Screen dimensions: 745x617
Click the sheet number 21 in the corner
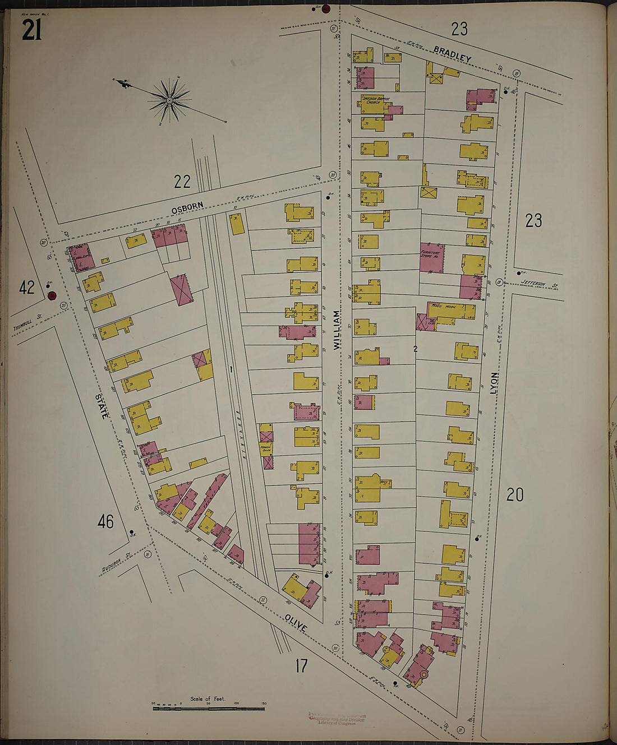pos(31,30)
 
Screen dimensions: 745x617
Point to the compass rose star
pos(169,100)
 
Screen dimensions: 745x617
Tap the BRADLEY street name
pos(452,54)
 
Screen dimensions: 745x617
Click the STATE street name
pos(103,406)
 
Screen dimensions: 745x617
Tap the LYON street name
pos(494,382)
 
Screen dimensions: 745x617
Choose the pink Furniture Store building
pos(432,258)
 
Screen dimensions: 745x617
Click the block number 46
pos(105,522)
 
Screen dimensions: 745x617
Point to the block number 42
pos(27,288)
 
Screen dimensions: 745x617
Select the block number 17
pos(301,666)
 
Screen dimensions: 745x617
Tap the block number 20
pos(515,494)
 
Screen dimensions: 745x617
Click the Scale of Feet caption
pos(208,698)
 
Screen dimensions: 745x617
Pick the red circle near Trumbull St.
pos(52,295)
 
